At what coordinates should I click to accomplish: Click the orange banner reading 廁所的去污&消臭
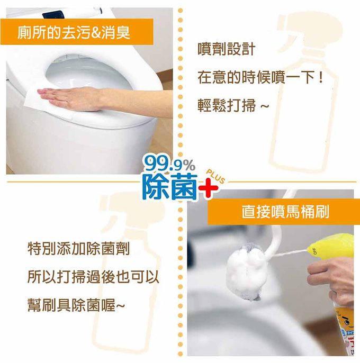click(77, 32)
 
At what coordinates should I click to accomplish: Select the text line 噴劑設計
click(227, 49)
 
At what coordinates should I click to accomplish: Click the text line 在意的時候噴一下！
click(260, 78)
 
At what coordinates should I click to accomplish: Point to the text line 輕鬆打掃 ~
click(233, 106)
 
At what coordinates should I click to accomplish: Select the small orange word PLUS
click(215, 176)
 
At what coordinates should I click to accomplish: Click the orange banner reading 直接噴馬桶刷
click(284, 212)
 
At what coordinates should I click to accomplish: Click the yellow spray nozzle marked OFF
click(330, 246)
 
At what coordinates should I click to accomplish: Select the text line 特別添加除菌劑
click(78, 249)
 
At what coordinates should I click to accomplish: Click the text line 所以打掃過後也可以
click(93, 277)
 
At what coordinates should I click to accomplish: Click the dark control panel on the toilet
click(53, 15)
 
